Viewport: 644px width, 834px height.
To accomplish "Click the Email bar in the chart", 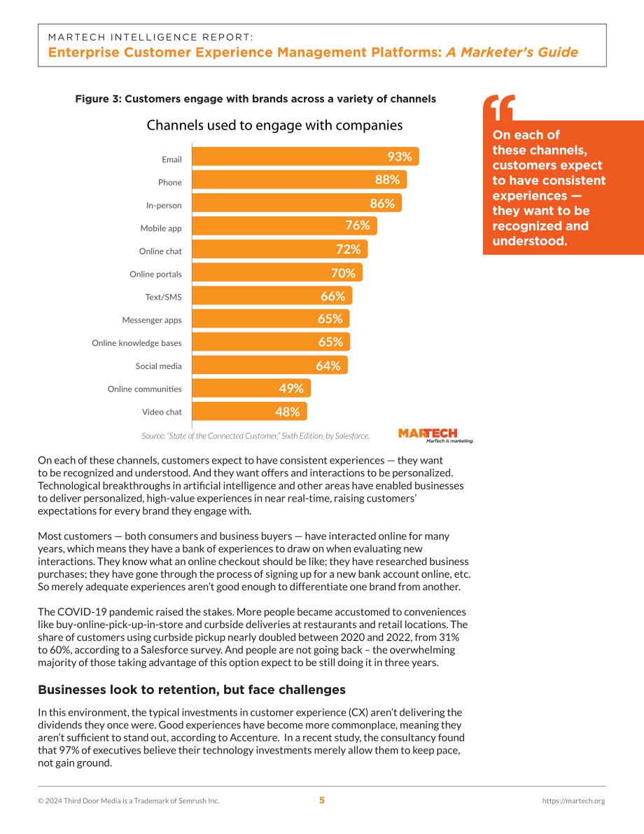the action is click(305, 156).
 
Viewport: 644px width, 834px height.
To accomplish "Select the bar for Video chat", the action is click(249, 412).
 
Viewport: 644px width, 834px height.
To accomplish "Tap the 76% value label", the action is click(358, 225).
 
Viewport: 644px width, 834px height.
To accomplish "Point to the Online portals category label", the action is click(155, 274).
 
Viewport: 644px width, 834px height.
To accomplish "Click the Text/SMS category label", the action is click(163, 298).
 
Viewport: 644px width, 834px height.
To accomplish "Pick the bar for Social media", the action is click(269, 366).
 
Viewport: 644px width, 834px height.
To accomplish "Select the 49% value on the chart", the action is click(291, 389).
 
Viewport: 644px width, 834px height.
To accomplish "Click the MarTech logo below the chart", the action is click(435, 435).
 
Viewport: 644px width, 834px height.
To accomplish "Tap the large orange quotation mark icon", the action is click(499, 107).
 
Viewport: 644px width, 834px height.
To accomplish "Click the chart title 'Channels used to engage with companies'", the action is click(274, 125).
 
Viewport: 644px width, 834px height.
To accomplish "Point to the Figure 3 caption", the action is click(255, 99).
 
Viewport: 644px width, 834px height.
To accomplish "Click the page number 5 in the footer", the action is click(322, 800).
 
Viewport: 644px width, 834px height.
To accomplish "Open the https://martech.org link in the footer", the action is click(573, 801).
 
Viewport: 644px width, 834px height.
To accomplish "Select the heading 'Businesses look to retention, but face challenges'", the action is click(191, 690).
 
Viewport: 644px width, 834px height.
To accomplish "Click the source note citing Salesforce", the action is click(255, 436).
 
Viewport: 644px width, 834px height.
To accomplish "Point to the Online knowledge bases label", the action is click(136, 343).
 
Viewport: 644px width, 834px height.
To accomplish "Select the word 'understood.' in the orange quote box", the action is click(530, 241).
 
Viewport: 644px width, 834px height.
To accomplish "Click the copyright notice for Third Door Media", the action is click(128, 801).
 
